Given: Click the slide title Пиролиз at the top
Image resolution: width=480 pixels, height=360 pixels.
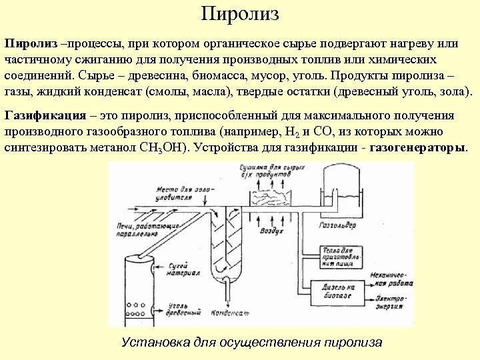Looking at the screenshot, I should pos(239,14).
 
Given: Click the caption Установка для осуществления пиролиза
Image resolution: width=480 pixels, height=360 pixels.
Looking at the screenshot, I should pos(252,342).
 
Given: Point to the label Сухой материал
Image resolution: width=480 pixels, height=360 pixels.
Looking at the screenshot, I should pos(181,269).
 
